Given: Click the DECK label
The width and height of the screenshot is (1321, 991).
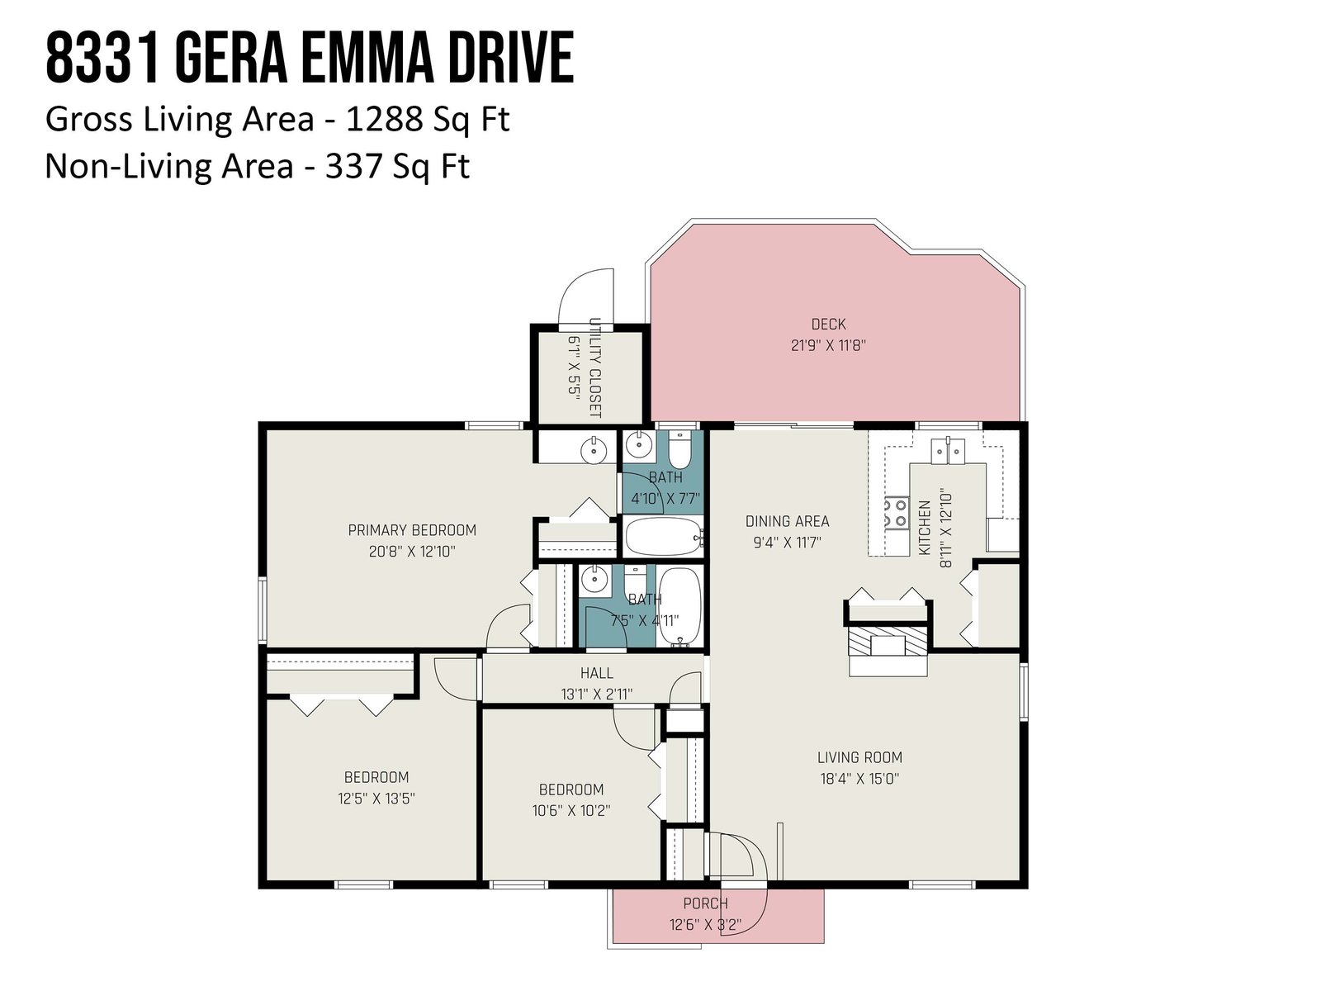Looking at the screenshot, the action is (x=828, y=325).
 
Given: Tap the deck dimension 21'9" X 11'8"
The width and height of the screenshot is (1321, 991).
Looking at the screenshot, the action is (x=828, y=345).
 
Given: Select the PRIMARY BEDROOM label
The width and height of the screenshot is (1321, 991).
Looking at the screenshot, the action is (x=412, y=530).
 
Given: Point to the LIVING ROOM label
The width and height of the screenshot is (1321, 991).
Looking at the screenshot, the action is (x=859, y=757).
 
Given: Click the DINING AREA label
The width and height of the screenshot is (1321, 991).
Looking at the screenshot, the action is (x=787, y=521).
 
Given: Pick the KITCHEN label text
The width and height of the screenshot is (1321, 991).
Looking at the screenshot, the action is (x=924, y=528).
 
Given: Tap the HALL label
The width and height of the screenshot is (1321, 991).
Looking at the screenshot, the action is (x=596, y=673).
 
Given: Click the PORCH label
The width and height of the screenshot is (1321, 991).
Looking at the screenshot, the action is (x=705, y=903).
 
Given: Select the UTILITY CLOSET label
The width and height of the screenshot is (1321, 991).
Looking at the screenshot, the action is (x=594, y=367).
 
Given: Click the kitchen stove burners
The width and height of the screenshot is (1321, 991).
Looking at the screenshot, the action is (x=896, y=513).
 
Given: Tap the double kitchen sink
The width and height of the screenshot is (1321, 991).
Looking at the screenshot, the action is (x=947, y=451).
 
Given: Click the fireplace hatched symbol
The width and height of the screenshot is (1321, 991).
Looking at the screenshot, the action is (x=887, y=642).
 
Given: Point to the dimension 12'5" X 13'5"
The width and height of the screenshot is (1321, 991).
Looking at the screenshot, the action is (x=376, y=799).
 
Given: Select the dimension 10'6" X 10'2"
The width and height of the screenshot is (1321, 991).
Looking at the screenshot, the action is (x=571, y=810).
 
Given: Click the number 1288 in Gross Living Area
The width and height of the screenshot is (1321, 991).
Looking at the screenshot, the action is (x=384, y=119).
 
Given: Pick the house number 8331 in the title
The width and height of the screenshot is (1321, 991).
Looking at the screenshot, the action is (x=97, y=59).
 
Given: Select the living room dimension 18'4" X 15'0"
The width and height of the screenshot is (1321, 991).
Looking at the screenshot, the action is (x=859, y=779).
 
